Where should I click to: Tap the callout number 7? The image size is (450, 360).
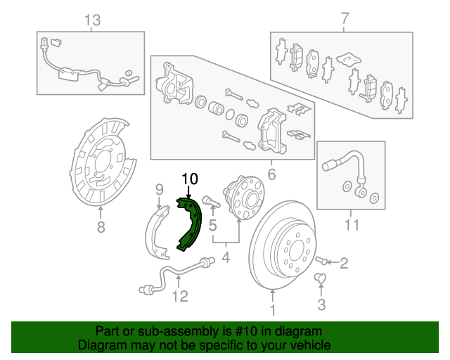(344, 19)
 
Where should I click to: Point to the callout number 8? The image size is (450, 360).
(100, 227)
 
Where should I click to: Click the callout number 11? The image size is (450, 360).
(352, 225)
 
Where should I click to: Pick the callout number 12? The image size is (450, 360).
(180, 296)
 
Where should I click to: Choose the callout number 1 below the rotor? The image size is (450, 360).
(274, 309)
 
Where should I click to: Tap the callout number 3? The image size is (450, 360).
(321, 304)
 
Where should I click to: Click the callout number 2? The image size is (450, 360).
(344, 264)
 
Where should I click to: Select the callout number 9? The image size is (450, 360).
(159, 188)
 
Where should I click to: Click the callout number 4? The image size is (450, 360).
(225, 258)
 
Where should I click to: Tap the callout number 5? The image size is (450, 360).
(212, 226)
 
